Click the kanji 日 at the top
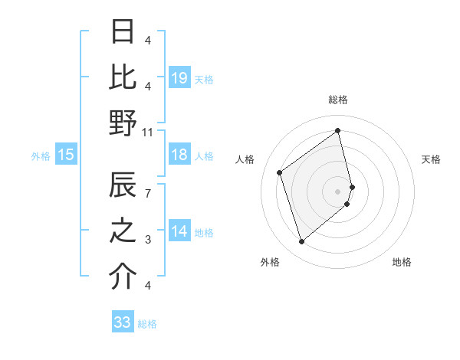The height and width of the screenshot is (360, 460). pos(123,32)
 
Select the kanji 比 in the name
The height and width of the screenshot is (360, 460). pos(123,77)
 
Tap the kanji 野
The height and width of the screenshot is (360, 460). pos(123,123)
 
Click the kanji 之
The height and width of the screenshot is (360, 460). pos(123,231)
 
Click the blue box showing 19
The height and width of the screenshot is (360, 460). pos(179,78)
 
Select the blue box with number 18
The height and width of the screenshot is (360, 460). pos(179,155)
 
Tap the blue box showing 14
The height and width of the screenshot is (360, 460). pos(179,232)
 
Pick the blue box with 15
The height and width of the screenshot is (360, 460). pos(66,155)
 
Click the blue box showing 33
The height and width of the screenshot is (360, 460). pos(123,322)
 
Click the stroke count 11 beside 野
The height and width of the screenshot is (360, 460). pos(148,133)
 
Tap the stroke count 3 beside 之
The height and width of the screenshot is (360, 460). pos(148,240)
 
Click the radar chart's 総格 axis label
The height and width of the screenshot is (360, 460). pos(337,100)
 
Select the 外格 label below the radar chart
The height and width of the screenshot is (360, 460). pos(270,262)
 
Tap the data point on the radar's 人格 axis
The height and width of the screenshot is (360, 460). pos(280,173)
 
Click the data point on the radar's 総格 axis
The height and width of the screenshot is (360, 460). pos(337,131)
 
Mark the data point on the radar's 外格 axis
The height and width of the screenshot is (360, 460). pos(301,242)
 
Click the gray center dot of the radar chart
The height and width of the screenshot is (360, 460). pos(337,190)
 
